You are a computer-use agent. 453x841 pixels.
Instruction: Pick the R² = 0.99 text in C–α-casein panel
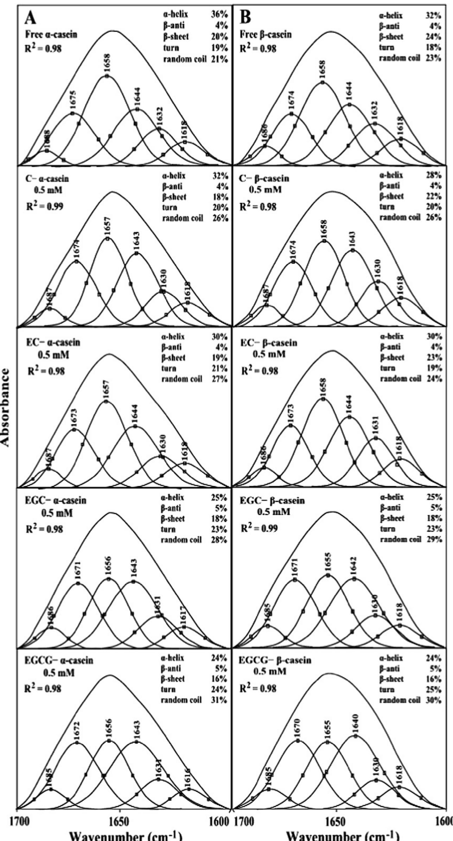tap(45, 206)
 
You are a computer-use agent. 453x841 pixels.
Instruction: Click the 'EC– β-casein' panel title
tap(269, 343)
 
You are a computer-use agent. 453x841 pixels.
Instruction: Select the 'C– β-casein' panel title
tap(264, 178)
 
